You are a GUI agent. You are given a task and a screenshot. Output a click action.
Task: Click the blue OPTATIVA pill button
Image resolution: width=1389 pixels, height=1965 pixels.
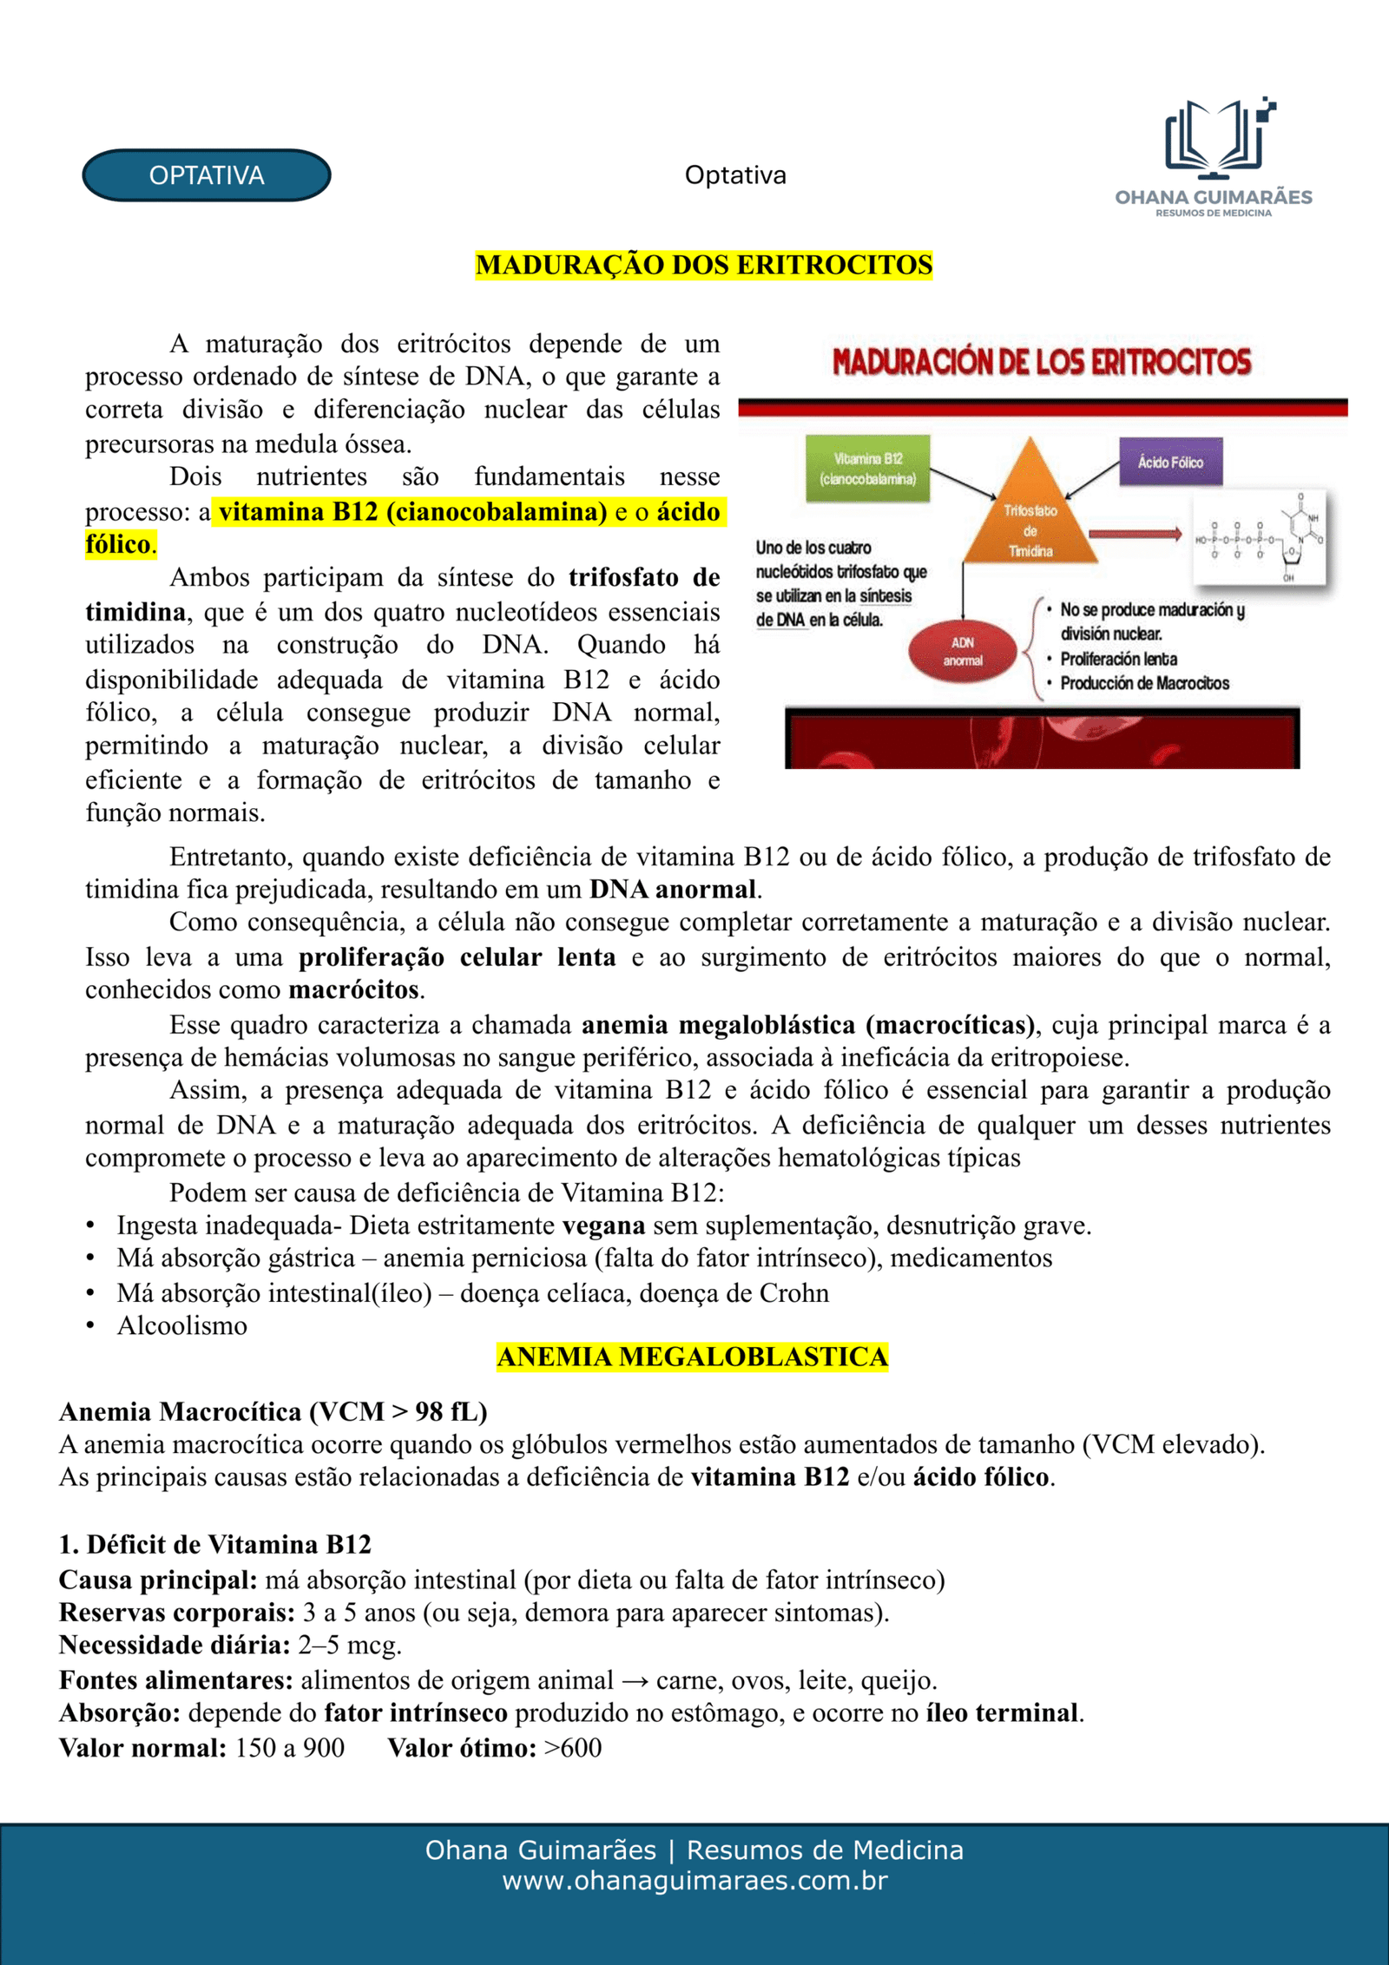click(x=207, y=175)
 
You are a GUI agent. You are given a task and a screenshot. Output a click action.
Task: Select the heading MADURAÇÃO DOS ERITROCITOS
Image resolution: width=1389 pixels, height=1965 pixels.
click(x=704, y=265)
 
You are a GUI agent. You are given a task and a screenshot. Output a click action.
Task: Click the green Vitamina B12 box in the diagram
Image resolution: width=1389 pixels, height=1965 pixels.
click(x=867, y=469)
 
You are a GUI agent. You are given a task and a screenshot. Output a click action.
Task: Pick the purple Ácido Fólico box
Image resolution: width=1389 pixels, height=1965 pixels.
click(x=1170, y=462)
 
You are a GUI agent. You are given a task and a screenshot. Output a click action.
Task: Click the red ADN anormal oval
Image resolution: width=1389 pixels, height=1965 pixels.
click(x=962, y=651)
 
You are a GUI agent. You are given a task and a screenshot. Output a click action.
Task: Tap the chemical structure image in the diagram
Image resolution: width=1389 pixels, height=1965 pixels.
click(x=1260, y=537)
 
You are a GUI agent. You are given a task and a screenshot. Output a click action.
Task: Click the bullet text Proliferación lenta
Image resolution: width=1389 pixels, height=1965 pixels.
click(x=1118, y=659)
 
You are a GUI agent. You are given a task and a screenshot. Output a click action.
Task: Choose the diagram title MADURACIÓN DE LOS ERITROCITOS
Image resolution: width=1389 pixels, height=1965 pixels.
click(x=1042, y=362)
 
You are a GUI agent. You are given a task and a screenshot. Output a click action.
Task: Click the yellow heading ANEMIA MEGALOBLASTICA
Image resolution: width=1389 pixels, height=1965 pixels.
click(x=692, y=1357)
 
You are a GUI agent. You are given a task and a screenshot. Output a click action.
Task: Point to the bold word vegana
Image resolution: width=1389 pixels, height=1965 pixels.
click(x=603, y=1226)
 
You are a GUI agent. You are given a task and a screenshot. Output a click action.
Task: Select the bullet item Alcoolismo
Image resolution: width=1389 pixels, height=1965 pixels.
click(x=182, y=1325)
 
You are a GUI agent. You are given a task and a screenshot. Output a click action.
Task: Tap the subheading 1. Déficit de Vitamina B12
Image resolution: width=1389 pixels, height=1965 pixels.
click(x=215, y=1544)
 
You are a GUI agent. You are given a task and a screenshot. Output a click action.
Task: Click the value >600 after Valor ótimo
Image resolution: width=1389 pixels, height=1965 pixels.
click(x=573, y=1747)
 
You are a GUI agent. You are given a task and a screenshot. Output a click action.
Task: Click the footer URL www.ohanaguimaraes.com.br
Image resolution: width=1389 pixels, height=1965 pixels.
click(x=694, y=1880)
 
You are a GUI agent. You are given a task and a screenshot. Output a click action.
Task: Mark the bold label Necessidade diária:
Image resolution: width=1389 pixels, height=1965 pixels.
click(x=174, y=1645)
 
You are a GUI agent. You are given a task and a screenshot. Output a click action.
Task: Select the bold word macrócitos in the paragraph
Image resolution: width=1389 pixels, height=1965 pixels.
click(x=354, y=989)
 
